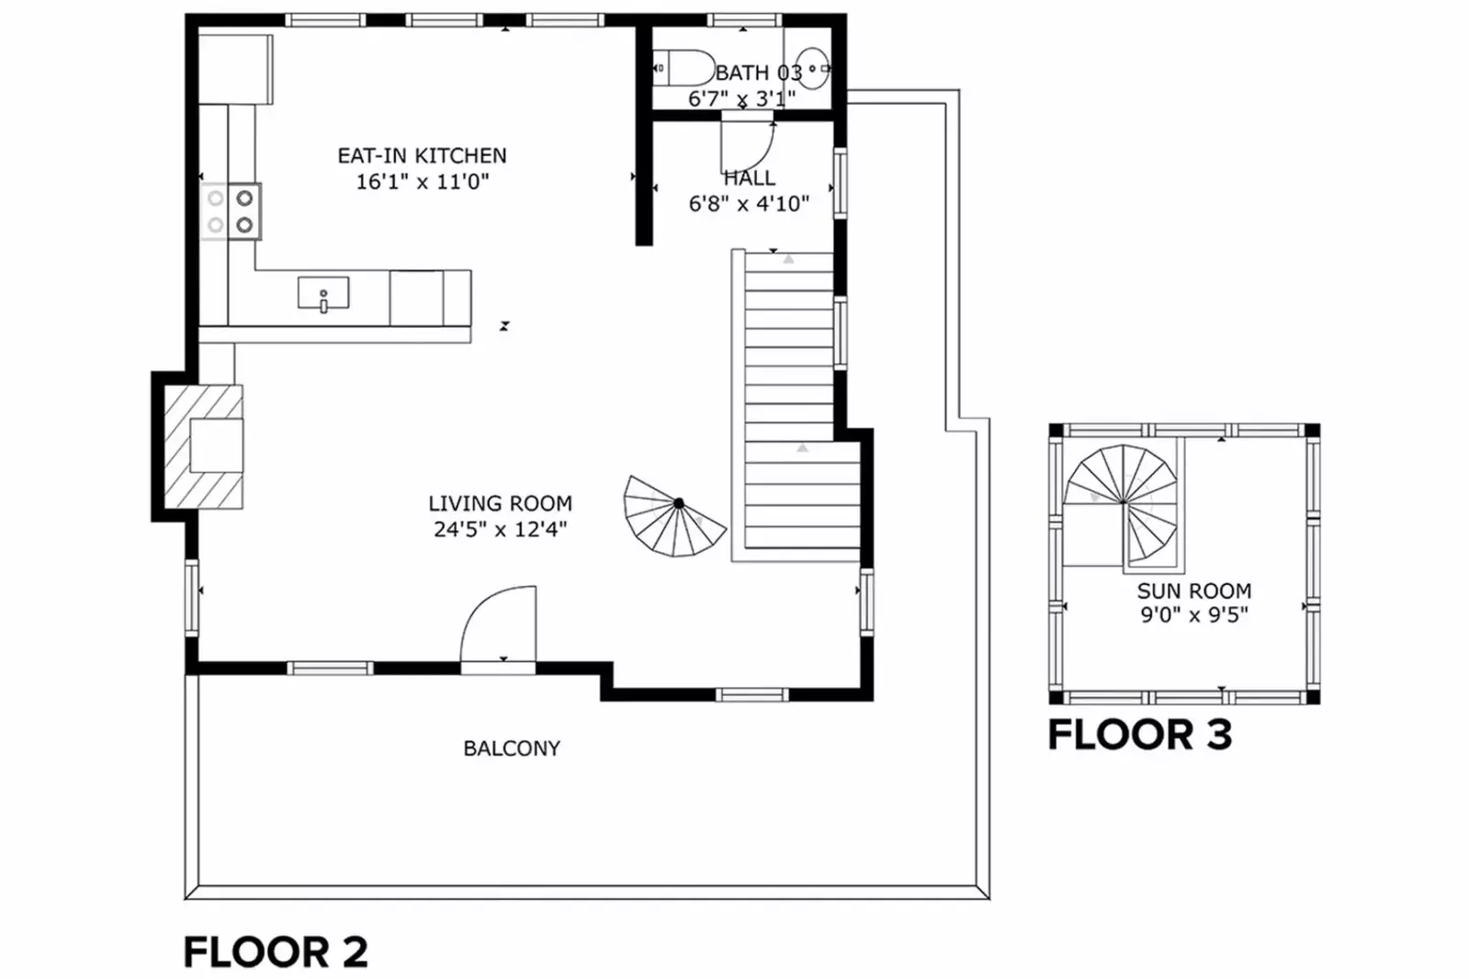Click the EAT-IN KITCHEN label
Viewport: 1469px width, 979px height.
[422, 155]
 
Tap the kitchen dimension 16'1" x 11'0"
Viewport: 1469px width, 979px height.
[423, 181]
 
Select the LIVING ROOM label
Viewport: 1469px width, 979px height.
[501, 503]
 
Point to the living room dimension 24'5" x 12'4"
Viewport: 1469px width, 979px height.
[500, 528]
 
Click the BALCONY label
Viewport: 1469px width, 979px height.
[512, 748]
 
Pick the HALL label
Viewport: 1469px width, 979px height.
[749, 177]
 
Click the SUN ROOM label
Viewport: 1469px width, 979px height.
[1194, 591]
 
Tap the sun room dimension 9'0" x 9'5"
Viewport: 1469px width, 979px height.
[1194, 615]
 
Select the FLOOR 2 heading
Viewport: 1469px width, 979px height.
[276, 951]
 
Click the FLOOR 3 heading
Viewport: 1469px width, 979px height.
[1140, 735]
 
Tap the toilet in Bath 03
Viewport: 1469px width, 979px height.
[684, 68]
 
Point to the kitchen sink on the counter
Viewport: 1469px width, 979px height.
[323, 293]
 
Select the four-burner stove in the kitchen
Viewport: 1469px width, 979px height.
[231, 211]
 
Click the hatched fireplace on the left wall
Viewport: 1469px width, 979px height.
[203, 446]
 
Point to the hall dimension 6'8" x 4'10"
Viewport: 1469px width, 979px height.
[748, 204]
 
